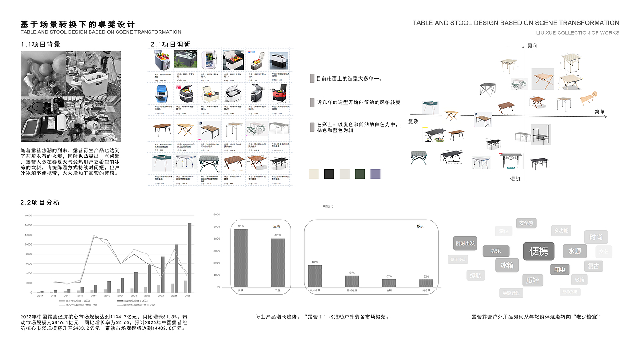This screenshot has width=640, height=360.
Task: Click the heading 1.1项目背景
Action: (x=41, y=44)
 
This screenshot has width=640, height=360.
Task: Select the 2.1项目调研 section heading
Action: (x=171, y=44)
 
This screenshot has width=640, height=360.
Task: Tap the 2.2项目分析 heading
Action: (x=40, y=203)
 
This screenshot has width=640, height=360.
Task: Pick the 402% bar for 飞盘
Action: (x=277, y=263)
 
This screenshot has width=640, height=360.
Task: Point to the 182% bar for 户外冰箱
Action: (x=315, y=276)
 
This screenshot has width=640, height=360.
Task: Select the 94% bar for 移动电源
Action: (x=352, y=281)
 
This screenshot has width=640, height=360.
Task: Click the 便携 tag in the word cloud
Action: (x=539, y=251)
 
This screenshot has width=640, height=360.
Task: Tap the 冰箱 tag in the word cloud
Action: (x=507, y=265)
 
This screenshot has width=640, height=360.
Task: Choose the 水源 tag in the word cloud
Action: (x=575, y=251)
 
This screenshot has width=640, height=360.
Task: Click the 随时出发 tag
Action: (x=465, y=243)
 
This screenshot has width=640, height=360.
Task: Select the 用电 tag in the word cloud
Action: (x=560, y=270)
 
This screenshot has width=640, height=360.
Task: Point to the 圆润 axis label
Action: (x=532, y=46)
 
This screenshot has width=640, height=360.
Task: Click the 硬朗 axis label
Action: (x=515, y=178)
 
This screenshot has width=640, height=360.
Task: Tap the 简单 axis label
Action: (x=600, y=112)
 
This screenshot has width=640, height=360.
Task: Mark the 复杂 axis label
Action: (x=413, y=121)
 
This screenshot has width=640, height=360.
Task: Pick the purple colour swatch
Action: (x=375, y=174)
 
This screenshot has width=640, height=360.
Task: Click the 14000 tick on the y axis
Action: (x=27, y=225)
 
